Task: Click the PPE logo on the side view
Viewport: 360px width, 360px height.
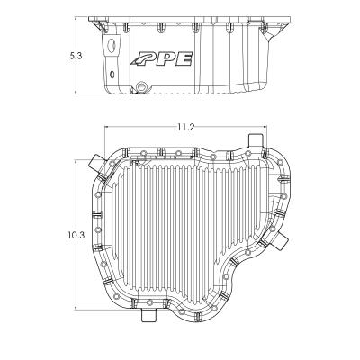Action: click(x=166, y=60)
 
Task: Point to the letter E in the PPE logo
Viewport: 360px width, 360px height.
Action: click(x=185, y=60)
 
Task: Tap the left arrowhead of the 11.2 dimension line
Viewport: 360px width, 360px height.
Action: click(x=108, y=128)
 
